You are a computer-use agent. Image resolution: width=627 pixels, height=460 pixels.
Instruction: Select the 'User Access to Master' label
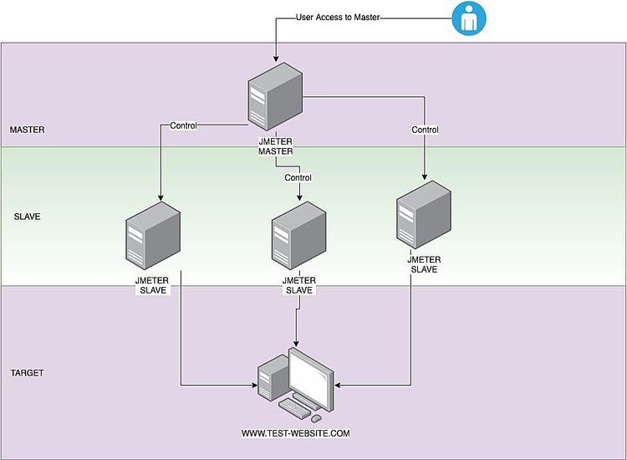pyautogui.click(x=339, y=17)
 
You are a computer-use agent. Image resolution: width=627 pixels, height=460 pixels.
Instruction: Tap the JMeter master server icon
pyautogui.click(x=275, y=100)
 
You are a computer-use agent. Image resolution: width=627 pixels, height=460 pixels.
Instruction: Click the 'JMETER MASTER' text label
pyautogui.click(x=275, y=146)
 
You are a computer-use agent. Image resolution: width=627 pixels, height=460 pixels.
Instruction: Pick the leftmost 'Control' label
pyautogui.click(x=183, y=126)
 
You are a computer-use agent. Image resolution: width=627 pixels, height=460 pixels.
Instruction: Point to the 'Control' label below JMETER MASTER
pyautogui.click(x=298, y=177)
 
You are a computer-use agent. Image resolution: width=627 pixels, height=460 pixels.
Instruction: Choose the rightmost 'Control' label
pyautogui.click(x=425, y=130)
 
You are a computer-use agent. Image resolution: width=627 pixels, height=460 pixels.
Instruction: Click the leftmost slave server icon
pyautogui.click(x=153, y=237)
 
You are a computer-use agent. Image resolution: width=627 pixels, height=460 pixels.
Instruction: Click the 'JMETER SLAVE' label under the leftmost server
pyautogui.click(x=152, y=285)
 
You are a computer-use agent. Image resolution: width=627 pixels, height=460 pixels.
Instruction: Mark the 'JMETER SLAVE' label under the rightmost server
pyautogui.click(x=424, y=264)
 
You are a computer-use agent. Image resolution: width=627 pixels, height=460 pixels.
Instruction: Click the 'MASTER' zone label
pyautogui.click(x=27, y=130)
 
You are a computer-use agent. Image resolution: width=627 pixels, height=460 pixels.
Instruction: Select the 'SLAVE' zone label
pyautogui.click(x=27, y=217)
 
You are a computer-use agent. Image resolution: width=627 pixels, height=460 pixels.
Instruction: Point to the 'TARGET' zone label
pyautogui.click(x=27, y=373)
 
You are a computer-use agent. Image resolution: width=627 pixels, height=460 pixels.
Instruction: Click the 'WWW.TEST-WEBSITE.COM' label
pyautogui.click(x=295, y=433)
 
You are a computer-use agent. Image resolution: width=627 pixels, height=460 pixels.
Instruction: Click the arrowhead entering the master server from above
pyautogui.click(x=275, y=59)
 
